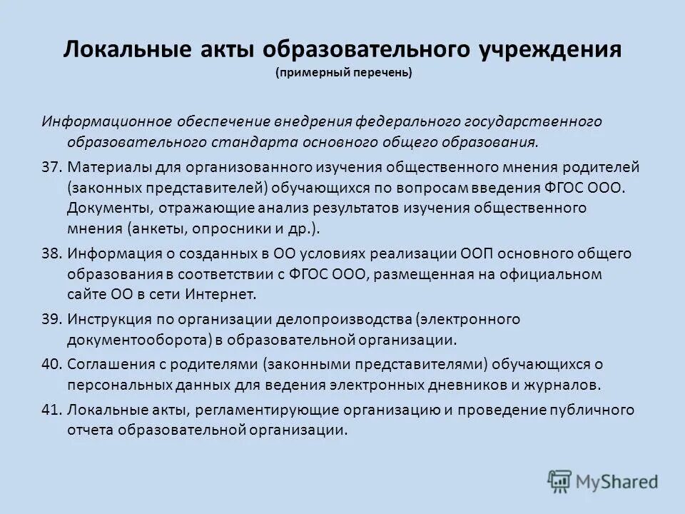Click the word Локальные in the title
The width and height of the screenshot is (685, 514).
[113, 51]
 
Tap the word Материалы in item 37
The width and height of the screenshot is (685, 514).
[102, 167]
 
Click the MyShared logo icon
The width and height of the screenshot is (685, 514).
[560, 480]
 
